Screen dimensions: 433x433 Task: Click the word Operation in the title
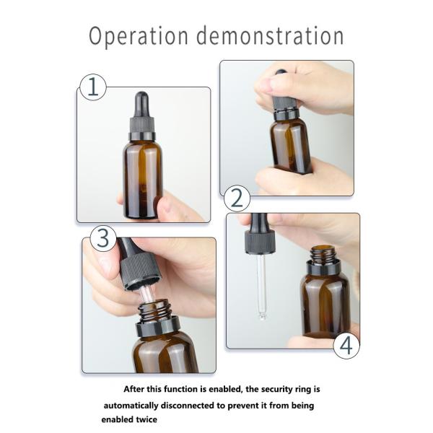pyautogui.click(x=139, y=36)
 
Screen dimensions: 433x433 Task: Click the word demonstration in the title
pyautogui.click(x=270, y=35)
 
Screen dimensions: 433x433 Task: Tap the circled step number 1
pyautogui.click(x=93, y=87)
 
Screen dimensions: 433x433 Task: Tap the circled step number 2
pyautogui.click(x=237, y=198)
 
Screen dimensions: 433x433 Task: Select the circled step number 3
pyautogui.click(x=103, y=238)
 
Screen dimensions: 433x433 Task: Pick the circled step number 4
pyautogui.click(x=346, y=345)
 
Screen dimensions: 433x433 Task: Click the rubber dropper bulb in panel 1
pyautogui.click(x=141, y=105)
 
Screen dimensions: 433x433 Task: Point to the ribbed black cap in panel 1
pyautogui.click(x=142, y=126)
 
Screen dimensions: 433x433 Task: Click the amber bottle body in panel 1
pyautogui.click(x=143, y=180)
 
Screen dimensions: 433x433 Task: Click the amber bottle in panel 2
pyautogui.click(x=291, y=146)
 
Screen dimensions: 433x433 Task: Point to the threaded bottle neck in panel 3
pyautogui.click(x=154, y=311)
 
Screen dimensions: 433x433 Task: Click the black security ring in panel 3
pyautogui.click(x=158, y=326)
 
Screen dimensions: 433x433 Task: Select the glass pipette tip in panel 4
pyautogui.click(x=262, y=315)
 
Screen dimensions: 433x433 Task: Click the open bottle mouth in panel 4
pyautogui.click(x=323, y=248)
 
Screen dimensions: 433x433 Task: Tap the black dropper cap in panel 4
pyautogui.click(x=260, y=242)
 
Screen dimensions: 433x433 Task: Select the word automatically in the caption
pyautogui.click(x=131, y=406)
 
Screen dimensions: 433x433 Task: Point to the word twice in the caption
pyautogui.click(x=147, y=419)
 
